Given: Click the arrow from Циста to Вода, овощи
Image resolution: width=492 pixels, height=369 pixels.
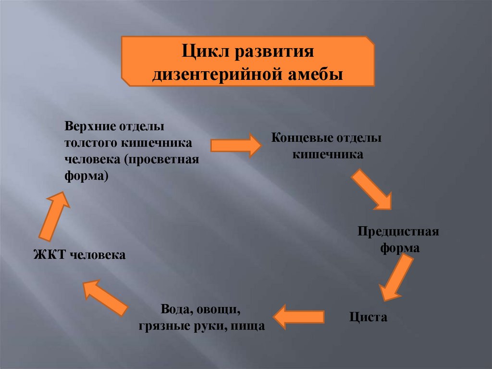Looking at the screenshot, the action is (299, 316).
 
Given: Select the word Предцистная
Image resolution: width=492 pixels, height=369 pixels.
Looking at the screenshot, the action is (398, 232).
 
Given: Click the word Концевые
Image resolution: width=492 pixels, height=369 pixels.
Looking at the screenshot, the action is (299, 139).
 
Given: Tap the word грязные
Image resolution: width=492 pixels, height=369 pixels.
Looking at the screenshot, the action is (162, 326).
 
